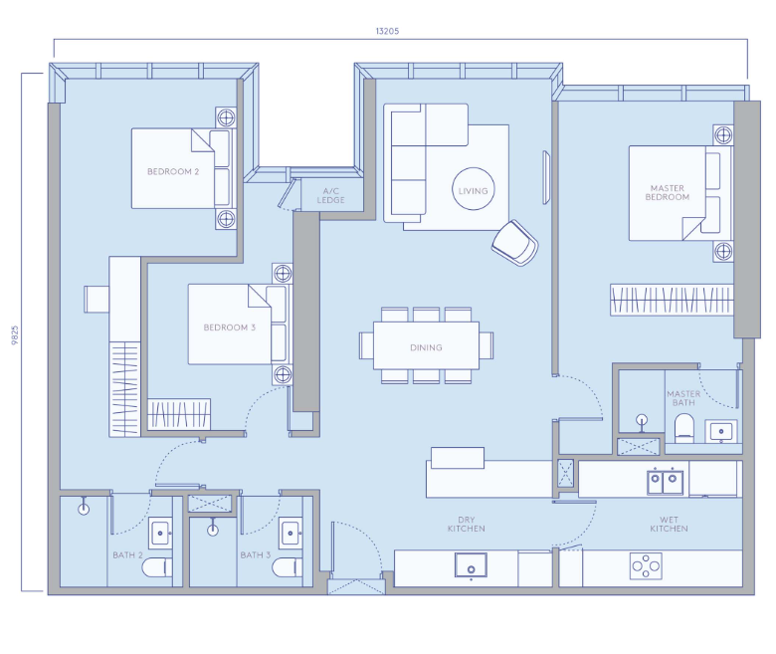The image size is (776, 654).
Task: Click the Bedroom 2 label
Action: coord(173,172)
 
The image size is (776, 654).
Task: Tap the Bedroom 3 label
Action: coord(230,327)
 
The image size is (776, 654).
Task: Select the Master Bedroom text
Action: coord(668,192)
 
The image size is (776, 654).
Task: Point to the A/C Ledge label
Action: coord(330,195)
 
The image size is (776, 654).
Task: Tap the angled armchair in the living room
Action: coord(515,243)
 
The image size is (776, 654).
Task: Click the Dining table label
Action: coord(426,347)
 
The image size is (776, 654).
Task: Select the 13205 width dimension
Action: coord(387,31)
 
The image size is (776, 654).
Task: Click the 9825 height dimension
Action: coord(15,335)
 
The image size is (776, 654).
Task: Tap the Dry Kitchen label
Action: coord(467,525)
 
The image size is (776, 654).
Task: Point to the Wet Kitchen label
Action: coord(669,525)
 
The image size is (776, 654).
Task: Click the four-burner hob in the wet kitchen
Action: coord(646,565)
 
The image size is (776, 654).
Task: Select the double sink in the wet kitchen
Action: coord(666,480)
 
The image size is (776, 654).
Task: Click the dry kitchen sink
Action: coord(471,565)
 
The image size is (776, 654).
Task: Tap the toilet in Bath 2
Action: coord(157,567)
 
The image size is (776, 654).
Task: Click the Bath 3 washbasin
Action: coord(291,534)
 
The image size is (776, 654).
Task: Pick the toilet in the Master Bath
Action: coord(684,428)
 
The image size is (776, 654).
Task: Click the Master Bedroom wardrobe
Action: coord(672,300)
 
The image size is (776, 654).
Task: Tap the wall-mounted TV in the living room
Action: coord(546,178)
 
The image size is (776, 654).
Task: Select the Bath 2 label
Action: coord(127,555)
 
